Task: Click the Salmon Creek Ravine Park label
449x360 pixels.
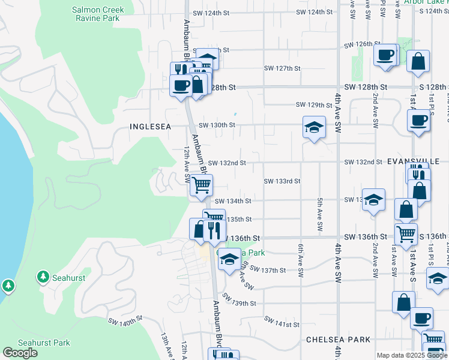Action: (x=97, y=14)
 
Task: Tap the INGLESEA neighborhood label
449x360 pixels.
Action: (x=151, y=127)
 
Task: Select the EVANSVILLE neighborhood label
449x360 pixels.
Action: (x=414, y=161)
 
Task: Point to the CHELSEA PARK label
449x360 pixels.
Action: (x=338, y=340)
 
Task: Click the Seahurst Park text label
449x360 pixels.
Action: (x=44, y=343)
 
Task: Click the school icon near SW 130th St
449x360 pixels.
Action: (x=314, y=127)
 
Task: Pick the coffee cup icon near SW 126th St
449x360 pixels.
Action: (x=384, y=55)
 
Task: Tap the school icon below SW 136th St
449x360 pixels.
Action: (x=228, y=260)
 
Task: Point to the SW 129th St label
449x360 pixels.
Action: (x=314, y=105)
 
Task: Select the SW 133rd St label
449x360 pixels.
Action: (x=282, y=181)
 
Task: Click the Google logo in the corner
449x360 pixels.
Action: (x=20, y=352)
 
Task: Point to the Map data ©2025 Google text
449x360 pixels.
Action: (x=411, y=355)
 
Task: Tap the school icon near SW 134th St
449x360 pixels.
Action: (x=373, y=200)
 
